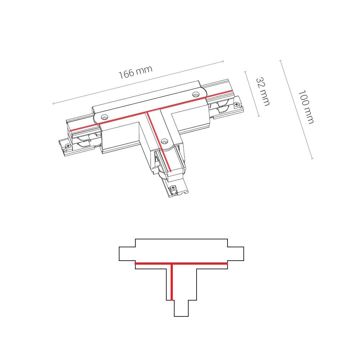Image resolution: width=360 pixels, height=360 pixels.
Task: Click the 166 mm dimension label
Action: point(135,72)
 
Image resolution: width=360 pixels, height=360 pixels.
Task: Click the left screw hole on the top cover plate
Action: point(104,117)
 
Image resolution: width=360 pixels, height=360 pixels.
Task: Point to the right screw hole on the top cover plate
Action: point(195,94)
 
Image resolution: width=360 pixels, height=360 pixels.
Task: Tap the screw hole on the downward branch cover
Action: point(165,141)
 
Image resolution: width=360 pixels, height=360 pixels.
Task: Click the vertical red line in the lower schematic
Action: point(172,283)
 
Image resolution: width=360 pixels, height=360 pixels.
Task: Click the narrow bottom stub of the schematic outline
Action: point(181,309)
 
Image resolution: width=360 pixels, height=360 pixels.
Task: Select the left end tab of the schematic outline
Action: point(127,253)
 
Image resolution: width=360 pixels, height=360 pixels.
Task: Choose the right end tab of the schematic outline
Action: point(236,253)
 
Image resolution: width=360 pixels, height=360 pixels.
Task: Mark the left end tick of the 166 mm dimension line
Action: point(53,104)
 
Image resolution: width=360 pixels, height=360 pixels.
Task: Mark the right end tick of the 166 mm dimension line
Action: point(223,62)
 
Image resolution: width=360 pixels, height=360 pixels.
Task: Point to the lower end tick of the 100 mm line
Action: point(312,158)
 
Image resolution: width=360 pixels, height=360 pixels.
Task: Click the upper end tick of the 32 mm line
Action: point(245,72)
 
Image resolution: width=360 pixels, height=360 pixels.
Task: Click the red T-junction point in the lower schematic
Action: point(172,264)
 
